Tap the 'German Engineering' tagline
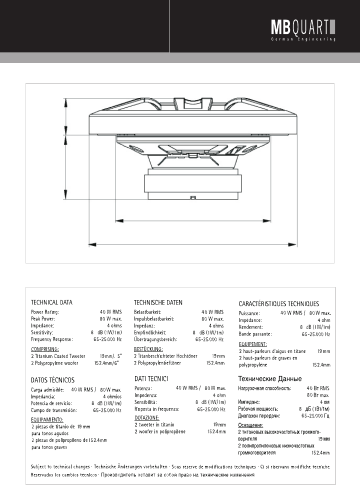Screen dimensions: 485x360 coord(303,38)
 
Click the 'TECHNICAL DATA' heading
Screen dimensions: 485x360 coord(51,302)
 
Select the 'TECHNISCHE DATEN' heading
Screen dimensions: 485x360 coord(158,302)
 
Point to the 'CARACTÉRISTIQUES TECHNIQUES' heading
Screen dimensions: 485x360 coord(278,303)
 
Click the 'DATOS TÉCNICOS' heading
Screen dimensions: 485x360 coord(53,380)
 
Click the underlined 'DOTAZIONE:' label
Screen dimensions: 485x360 coord(147,417)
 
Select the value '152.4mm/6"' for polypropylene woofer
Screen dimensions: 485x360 coord(106,362)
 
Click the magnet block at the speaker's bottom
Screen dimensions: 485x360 coord(192,185)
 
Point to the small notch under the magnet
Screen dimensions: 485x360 coord(192,198)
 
